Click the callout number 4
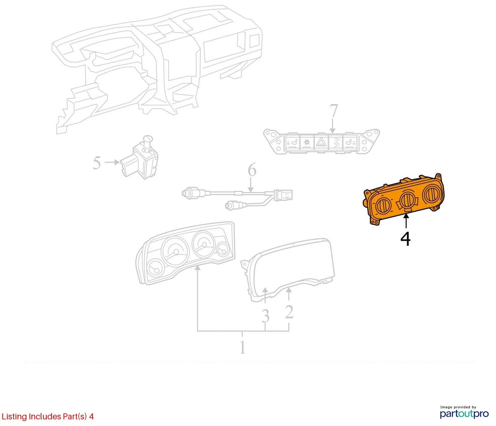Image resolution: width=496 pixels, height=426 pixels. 405,239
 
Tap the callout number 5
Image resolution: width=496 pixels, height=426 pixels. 97,163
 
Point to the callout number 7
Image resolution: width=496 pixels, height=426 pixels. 334,111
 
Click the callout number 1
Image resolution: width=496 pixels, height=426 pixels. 243,347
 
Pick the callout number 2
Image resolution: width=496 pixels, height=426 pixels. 289,312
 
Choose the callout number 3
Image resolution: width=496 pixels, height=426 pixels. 265,316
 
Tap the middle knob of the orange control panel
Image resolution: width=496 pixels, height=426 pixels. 406,200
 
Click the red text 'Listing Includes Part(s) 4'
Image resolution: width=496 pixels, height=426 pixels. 48,416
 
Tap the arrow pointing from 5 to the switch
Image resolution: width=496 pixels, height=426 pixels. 112,162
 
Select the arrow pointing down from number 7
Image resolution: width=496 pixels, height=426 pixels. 333,126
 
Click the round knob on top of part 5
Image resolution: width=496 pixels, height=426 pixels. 148,139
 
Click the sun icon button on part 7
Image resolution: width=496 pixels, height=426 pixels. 307,143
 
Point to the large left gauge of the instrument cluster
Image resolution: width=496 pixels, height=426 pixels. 175,251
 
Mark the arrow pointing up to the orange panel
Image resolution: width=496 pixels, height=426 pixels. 406,221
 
